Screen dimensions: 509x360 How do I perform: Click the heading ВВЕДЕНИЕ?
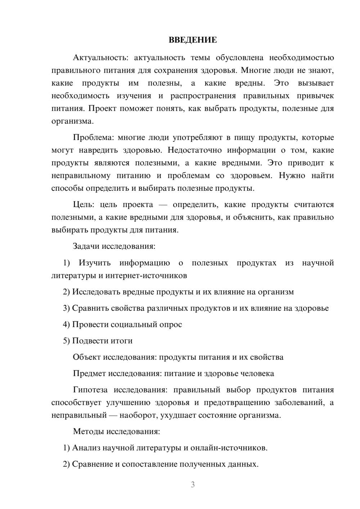coord(193,40)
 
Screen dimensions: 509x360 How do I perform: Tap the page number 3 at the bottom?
coord(193,485)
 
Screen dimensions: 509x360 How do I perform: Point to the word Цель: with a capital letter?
coord(84,205)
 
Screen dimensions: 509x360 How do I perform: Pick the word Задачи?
coord(86,247)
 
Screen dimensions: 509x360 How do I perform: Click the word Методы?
coord(88,432)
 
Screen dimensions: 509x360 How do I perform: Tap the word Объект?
coord(87,357)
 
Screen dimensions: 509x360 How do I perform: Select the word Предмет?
coord(89,374)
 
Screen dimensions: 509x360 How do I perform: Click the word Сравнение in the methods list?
coord(93,464)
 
